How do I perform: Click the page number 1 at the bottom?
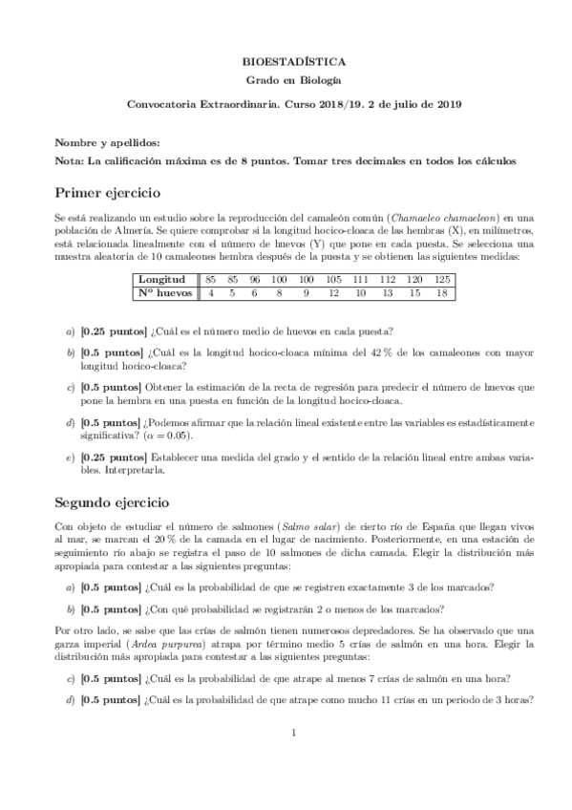click(x=295, y=759)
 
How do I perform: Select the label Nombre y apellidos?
click(x=101, y=142)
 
